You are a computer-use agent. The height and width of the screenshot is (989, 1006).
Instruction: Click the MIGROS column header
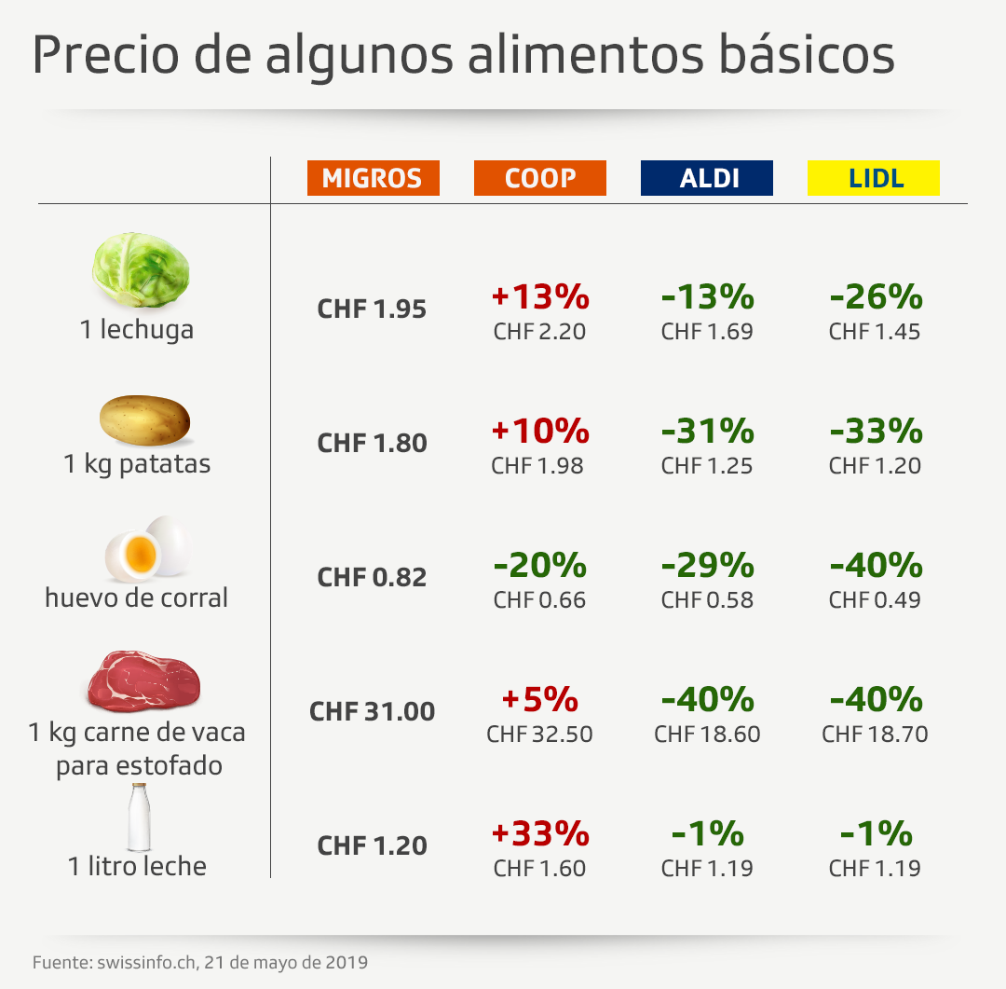(x=373, y=178)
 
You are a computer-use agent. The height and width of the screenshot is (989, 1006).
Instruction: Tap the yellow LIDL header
(x=873, y=178)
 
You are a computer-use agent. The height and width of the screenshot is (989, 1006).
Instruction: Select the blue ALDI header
(x=706, y=178)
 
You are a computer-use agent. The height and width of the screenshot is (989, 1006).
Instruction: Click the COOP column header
(x=539, y=178)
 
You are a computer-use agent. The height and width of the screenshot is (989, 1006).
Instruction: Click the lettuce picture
(x=141, y=270)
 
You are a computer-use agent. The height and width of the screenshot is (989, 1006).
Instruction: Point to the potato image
(x=144, y=420)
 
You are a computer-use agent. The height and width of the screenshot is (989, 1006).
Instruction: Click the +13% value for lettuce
(x=540, y=297)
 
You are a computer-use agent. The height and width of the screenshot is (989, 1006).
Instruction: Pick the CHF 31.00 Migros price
(x=372, y=712)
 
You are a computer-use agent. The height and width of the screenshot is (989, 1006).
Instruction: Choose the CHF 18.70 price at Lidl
(x=875, y=734)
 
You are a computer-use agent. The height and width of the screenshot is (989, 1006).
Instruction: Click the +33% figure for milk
(x=540, y=832)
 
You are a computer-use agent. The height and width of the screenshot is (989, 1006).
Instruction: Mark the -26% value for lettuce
(x=876, y=297)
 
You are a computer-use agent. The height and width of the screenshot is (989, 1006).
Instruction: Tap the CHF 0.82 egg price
(x=372, y=578)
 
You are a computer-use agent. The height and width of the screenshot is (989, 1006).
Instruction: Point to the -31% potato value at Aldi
(x=707, y=431)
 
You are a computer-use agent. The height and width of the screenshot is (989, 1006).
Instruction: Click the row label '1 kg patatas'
(x=137, y=463)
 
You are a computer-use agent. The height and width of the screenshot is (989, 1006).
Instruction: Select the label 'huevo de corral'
(x=136, y=598)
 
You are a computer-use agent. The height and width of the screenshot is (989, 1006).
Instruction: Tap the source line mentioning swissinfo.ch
(x=199, y=961)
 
